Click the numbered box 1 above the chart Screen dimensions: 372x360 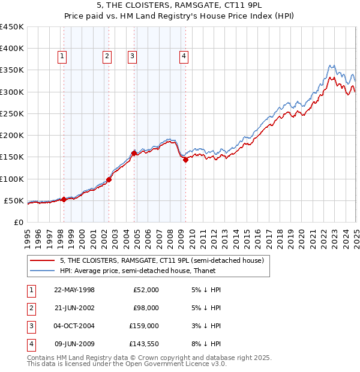62,57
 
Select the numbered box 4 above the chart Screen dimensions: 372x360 184,57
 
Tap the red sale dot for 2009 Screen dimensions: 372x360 185,160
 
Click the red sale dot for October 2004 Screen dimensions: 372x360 134,153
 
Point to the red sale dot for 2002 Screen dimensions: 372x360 109,179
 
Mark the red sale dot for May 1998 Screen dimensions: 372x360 64,199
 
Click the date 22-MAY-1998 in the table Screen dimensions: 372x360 74,290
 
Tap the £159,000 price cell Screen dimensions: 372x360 144,326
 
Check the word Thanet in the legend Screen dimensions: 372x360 203,271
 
